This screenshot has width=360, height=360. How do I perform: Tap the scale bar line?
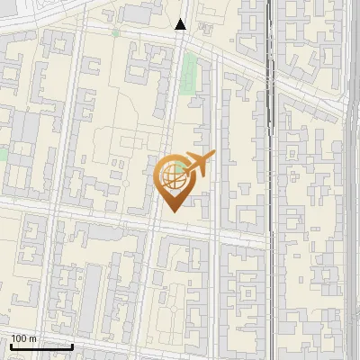point(41,346)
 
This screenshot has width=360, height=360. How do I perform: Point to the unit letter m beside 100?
point(32,338)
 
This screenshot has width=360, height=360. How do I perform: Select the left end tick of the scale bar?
point(11,345)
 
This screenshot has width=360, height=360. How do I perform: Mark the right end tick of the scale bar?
point(72,345)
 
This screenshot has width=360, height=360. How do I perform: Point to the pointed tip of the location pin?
point(172,211)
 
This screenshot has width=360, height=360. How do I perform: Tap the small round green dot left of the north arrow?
point(115,33)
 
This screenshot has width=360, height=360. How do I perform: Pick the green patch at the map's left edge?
point(3,154)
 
